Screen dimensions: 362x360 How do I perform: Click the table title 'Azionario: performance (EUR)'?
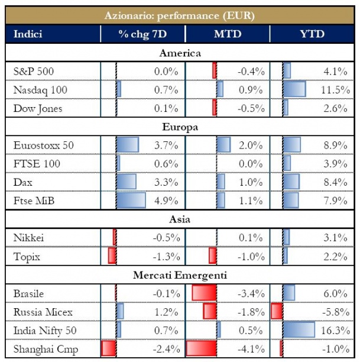coord(180,15)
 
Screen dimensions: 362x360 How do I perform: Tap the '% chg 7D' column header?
coord(142,34)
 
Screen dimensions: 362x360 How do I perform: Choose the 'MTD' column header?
coord(228,34)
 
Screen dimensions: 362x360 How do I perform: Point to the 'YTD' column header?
coord(312,34)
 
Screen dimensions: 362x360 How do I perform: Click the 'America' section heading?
coord(180,53)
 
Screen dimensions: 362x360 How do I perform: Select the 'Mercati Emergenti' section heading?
coord(180,274)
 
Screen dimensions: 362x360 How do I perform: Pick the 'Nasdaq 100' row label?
coord(40,90)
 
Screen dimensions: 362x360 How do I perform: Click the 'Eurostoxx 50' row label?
coord(43,145)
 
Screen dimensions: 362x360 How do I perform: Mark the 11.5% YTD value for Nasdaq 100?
coord(334,90)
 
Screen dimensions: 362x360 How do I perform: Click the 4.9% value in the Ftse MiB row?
coord(166,201)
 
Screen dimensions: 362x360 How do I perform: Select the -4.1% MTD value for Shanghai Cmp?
coord(250,348)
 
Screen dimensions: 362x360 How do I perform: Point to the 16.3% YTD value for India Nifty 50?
coord(334,330)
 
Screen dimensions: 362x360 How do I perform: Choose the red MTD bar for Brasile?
coord(205,293)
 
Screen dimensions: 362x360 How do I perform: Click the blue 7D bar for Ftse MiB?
coord(131,201)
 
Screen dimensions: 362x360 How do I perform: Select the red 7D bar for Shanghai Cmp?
coord(108,348)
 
